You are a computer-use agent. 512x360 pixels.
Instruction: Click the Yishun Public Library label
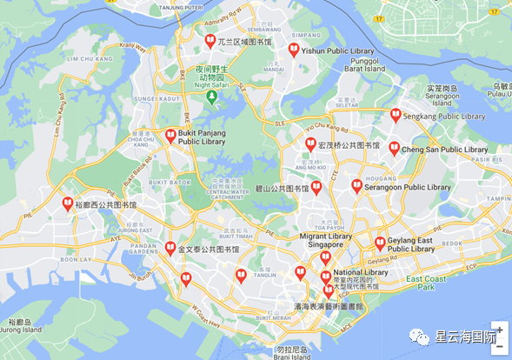tap(338, 51)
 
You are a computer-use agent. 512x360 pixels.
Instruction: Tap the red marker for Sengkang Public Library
tap(396, 115)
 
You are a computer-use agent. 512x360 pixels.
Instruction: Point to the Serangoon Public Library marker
tap(356, 186)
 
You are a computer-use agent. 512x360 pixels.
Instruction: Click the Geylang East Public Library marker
tap(380, 244)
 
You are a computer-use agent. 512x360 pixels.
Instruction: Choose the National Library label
tap(361, 272)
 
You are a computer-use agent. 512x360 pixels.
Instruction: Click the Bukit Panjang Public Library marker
tap(170, 137)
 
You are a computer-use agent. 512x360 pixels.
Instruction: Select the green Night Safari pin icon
tap(210, 95)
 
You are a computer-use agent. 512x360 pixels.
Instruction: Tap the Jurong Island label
tap(27, 330)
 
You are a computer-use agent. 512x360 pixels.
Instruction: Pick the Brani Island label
tap(292, 356)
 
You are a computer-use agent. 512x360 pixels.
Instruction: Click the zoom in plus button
tap(499, 330)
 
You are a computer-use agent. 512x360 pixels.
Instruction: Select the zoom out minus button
tap(499, 346)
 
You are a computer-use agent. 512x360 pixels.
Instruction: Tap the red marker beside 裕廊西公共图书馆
tap(68, 204)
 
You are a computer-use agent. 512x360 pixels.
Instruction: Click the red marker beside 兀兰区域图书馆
tap(209, 42)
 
